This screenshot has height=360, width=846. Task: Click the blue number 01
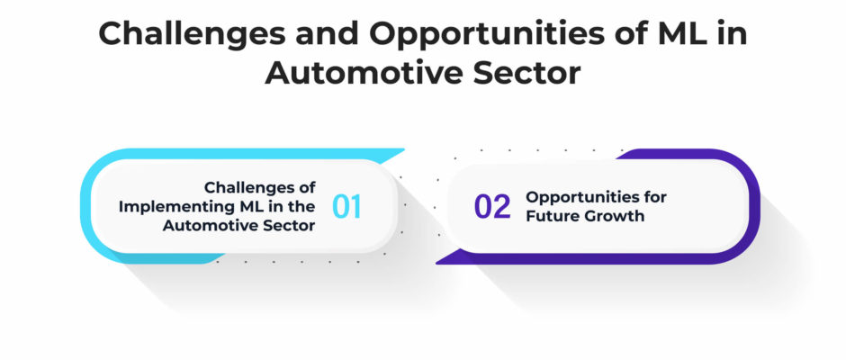346,206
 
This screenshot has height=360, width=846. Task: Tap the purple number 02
492,207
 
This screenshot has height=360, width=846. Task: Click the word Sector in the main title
527,74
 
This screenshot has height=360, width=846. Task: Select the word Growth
611,216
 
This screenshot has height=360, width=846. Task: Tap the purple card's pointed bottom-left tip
436,263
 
